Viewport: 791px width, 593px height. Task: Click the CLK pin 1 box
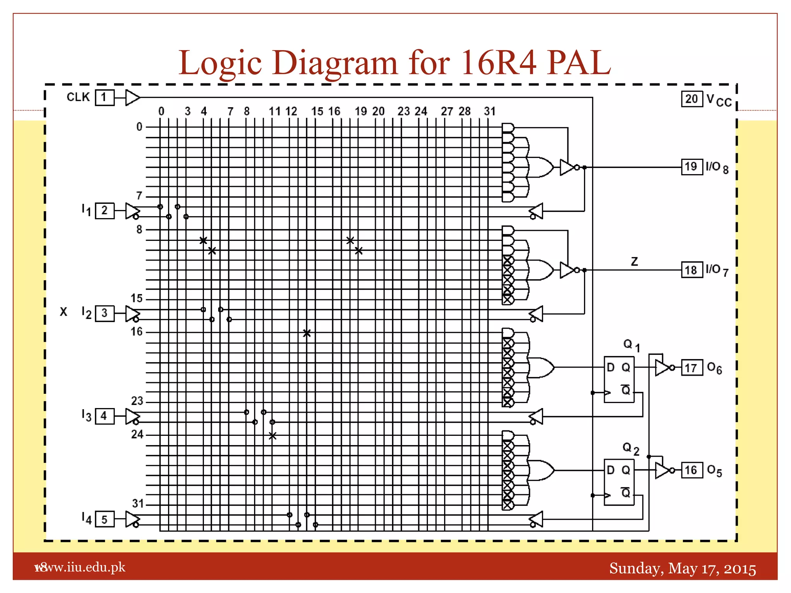pyautogui.click(x=104, y=97)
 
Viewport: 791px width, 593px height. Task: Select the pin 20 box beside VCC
pyautogui.click(x=691, y=99)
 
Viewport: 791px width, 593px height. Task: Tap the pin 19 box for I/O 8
pyautogui.click(x=691, y=167)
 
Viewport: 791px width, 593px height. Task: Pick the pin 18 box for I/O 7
pyautogui.click(x=691, y=270)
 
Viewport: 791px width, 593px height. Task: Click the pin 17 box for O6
pyautogui.click(x=691, y=368)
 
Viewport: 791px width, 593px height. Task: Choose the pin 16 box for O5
pyautogui.click(x=691, y=470)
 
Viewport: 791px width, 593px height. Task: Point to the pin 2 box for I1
pyautogui.click(x=104, y=211)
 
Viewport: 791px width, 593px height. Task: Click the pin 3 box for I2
pyautogui.click(x=104, y=313)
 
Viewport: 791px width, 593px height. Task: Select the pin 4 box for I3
pyautogui.click(x=104, y=416)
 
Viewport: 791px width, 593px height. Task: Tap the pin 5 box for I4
pyautogui.click(x=104, y=519)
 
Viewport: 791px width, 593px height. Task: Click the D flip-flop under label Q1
pyautogui.click(x=619, y=379)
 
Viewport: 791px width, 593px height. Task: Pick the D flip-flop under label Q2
pyautogui.click(x=619, y=482)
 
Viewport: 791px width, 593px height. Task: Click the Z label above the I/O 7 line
pyautogui.click(x=634, y=262)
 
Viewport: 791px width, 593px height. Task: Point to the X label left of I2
pyautogui.click(x=64, y=312)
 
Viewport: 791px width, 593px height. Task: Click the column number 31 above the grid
pyautogui.click(x=490, y=112)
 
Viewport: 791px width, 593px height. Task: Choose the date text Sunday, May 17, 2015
pyautogui.click(x=682, y=569)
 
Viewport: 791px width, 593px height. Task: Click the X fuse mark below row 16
pyautogui.click(x=307, y=333)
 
